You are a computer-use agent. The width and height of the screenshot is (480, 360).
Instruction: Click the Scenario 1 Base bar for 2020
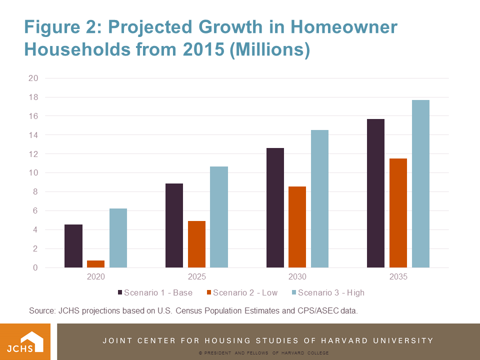tap(73, 246)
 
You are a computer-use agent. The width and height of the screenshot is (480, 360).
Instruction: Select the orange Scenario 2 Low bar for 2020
tap(96, 264)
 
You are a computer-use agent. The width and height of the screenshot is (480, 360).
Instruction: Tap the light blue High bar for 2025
tap(219, 217)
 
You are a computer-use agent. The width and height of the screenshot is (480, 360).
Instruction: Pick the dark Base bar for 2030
tap(275, 207)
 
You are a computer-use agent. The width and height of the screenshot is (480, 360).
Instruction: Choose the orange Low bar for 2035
tap(398, 213)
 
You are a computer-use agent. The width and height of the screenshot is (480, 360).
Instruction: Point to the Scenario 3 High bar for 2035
tap(420, 183)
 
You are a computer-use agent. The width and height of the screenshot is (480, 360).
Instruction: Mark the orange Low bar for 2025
tap(196, 244)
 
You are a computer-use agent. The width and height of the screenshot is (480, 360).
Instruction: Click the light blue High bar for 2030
tap(319, 198)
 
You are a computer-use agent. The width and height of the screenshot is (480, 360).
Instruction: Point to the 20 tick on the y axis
tap(33, 78)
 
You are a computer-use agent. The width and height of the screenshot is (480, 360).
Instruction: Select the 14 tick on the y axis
tap(33, 135)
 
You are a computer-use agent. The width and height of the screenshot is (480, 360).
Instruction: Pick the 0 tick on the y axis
tap(35, 268)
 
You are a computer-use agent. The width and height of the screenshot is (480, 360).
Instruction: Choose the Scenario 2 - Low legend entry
tap(243, 292)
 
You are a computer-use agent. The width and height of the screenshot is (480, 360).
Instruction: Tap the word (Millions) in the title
tap(269, 50)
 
